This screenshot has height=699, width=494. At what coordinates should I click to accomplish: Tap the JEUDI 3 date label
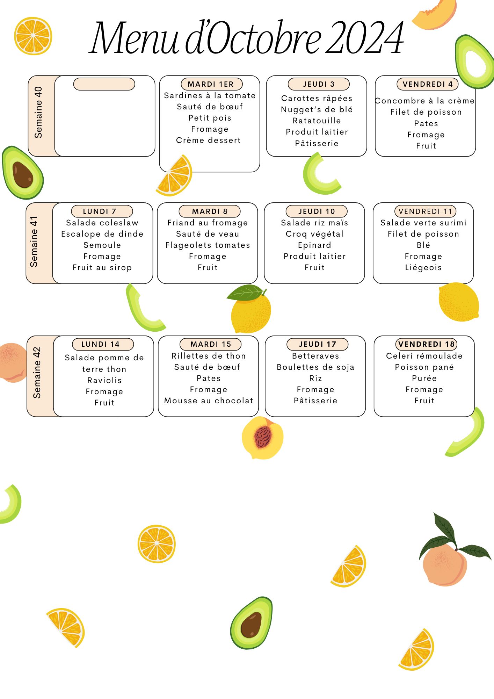(319, 84)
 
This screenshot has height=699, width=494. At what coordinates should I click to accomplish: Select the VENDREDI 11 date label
(425, 211)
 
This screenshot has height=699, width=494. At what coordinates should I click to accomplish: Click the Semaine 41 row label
(34, 242)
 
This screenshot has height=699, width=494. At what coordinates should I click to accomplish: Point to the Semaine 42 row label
(37, 373)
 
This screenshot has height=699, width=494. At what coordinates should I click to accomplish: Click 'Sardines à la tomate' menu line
(210, 95)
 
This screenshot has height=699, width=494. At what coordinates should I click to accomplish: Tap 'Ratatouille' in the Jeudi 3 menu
(317, 121)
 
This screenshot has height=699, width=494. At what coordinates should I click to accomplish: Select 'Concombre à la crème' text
(425, 101)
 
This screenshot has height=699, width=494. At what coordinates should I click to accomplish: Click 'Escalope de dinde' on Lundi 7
(102, 234)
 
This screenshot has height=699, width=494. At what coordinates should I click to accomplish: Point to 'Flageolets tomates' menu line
(208, 245)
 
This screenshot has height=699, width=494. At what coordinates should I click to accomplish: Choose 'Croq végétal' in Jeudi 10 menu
(314, 234)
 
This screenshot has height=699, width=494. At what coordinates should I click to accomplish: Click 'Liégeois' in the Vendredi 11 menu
(423, 268)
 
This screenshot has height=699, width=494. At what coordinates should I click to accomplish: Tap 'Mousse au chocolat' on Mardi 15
(209, 401)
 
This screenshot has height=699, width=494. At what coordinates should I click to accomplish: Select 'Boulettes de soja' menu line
(315, 367)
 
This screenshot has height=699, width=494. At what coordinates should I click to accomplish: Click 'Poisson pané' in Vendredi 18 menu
(424, 367)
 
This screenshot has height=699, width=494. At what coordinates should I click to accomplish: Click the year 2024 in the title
(364, 38)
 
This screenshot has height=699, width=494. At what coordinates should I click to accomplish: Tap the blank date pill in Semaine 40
(104, 84)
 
